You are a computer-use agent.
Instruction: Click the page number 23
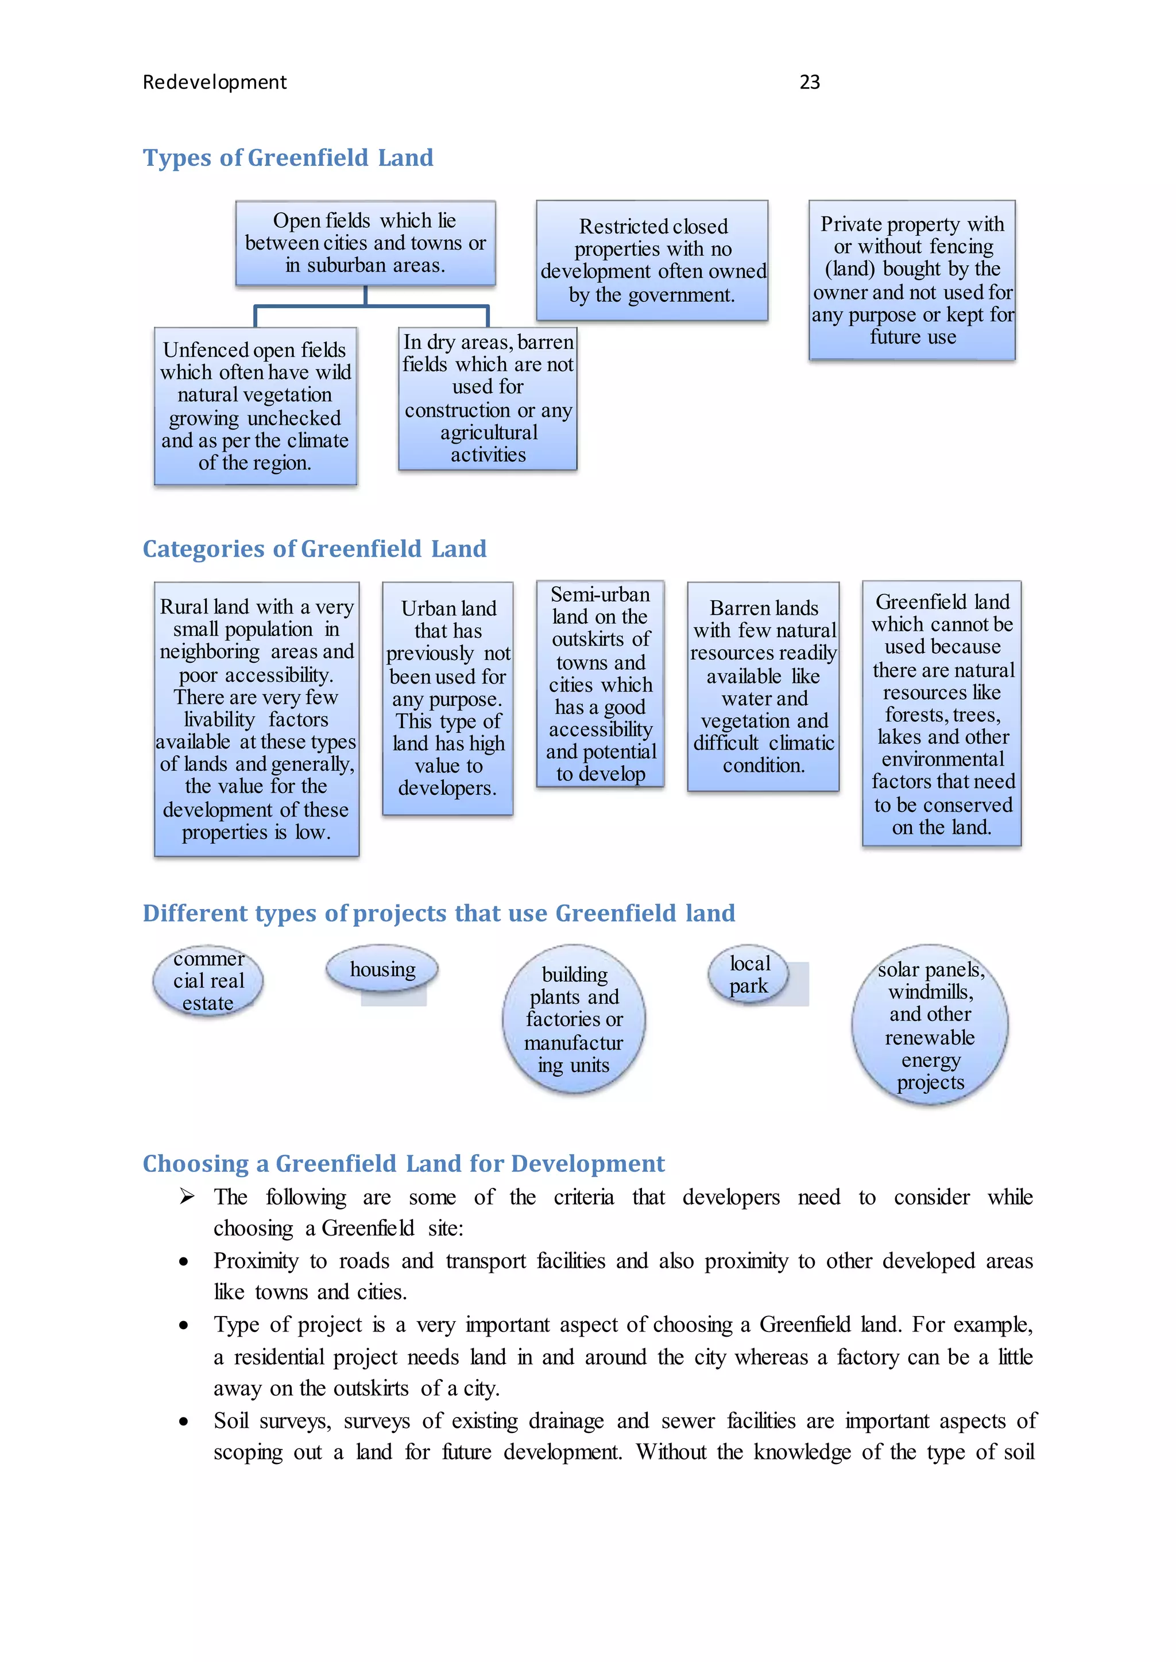(809, 83)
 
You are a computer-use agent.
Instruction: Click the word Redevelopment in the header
(214, 83)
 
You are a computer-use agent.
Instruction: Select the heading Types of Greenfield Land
(288, 158)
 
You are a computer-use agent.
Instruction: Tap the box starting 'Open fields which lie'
(365, 243)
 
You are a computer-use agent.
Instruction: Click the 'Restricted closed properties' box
(652, 260)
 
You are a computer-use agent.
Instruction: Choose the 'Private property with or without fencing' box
(912, 280)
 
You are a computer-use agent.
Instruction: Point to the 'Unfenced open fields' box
(255, 406)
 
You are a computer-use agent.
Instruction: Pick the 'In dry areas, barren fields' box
(488, 399)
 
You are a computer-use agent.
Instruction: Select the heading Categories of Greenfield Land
(314, 549)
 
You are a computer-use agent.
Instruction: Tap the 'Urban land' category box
(447, 698)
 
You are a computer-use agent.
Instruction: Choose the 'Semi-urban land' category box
(600, 684)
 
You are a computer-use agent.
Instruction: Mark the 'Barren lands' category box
(763, 686)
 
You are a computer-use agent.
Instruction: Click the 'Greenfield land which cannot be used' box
(941, 714)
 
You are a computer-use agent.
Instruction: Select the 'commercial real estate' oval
(208, 981)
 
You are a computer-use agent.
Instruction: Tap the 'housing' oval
(382, 969)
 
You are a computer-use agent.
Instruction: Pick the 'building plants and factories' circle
(574, 1019)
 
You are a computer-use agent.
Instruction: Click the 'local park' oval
(749, 974)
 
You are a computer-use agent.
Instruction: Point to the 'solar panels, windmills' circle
(930, 1025)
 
